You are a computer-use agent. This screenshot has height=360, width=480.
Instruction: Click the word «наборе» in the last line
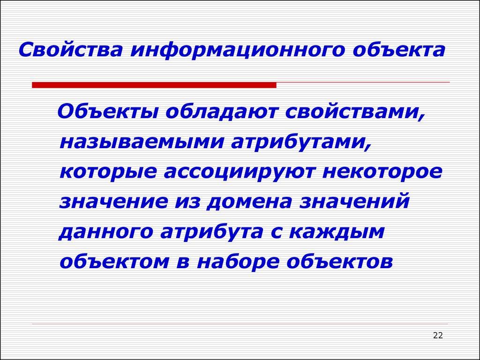point(240,262)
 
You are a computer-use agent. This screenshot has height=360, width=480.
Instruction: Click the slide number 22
point(438,335)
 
